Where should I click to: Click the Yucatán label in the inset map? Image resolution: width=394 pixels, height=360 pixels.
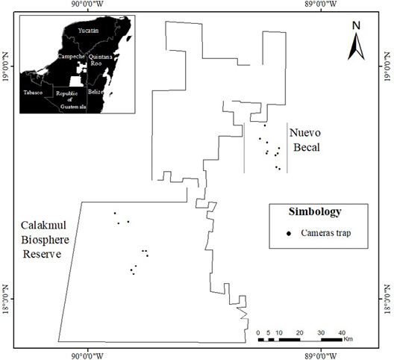[88, 31]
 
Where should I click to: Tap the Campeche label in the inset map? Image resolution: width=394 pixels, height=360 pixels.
[71, 56]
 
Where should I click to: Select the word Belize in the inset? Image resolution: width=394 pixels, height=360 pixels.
[96, 92]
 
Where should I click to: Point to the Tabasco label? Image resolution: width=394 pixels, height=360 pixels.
[33, 93]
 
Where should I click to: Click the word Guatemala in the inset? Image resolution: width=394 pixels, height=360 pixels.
[73, 107]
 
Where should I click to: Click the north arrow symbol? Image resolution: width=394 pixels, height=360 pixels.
[356, 47]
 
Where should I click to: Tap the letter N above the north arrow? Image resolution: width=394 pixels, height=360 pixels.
[356, 25]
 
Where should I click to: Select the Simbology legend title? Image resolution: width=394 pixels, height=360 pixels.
[315, 212]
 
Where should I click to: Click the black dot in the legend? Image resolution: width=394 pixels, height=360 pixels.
[289, 234]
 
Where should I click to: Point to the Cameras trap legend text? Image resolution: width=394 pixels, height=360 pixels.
[326, 233]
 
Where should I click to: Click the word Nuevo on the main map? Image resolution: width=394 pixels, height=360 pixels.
[305, 133]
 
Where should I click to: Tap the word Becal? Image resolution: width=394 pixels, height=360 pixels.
[307, 147]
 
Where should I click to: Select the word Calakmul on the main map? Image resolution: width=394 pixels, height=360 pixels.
[43, 225]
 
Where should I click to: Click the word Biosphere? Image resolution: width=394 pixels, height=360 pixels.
[45, 240]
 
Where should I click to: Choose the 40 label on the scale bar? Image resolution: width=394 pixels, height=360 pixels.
[342, 333]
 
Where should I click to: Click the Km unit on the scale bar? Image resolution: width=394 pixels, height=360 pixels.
[348, 339]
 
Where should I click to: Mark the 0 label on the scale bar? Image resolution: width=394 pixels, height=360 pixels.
[258, 333]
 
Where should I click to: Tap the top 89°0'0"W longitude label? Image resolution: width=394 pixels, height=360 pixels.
[321, 4]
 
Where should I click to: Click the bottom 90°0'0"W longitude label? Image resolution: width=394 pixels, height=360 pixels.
[87, 356]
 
